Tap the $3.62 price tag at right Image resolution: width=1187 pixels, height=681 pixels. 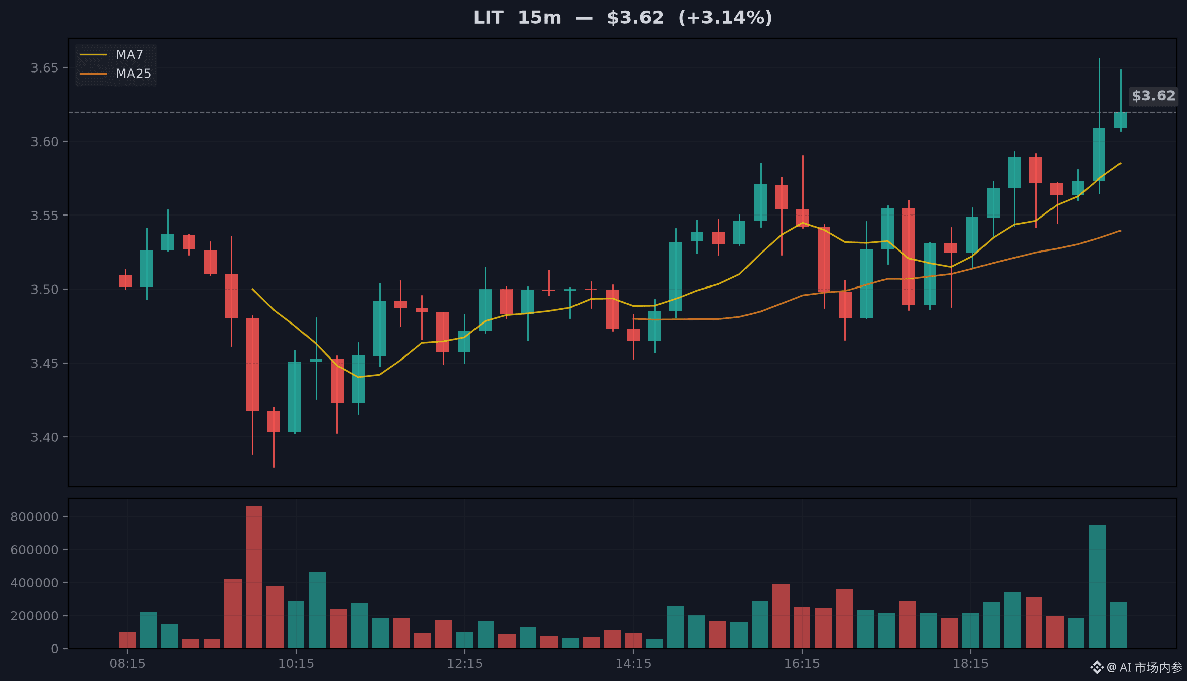pyautogui.click(x=1154, y=96)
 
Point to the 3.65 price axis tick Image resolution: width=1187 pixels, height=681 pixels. pyautogui.click(x=44, y=68)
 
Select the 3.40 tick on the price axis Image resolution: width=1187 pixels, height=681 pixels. pyautogui.click(x=44, y=437)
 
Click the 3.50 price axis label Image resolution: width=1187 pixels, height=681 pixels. pyautogui.click(x=44, y=290)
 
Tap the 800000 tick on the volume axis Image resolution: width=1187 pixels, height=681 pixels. pyautogui.click(x=35, y=517)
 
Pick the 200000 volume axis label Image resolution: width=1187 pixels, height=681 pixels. pyautogui.click(x=35, y=616)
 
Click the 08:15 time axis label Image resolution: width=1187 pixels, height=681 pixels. pyautogui.click(x=127, y=663)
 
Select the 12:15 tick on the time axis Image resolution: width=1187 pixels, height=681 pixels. pyautogui.click(x=465, y=663)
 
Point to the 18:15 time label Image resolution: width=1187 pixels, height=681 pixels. pyautogui.click(x=971, y=663)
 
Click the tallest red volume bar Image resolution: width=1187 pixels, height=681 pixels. pyautogui.click(x=254, y=577)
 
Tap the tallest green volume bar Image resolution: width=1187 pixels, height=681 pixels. pyautogui.click(x=1097, y=587)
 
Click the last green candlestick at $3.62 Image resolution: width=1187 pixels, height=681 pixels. pyautogui.click(x=1120, y=120)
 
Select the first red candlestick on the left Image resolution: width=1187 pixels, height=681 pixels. pyautogui.click(x=125, y=280)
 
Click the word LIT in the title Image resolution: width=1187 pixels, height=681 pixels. pyautogui.click(x=488, y=18)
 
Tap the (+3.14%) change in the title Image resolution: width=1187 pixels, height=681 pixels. pyautogui.click(x=725, y=18)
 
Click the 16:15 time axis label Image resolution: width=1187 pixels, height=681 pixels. pyautogui.click(x=802, y=663)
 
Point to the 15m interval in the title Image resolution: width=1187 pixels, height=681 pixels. pyautogui.click(x=539, y=18)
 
